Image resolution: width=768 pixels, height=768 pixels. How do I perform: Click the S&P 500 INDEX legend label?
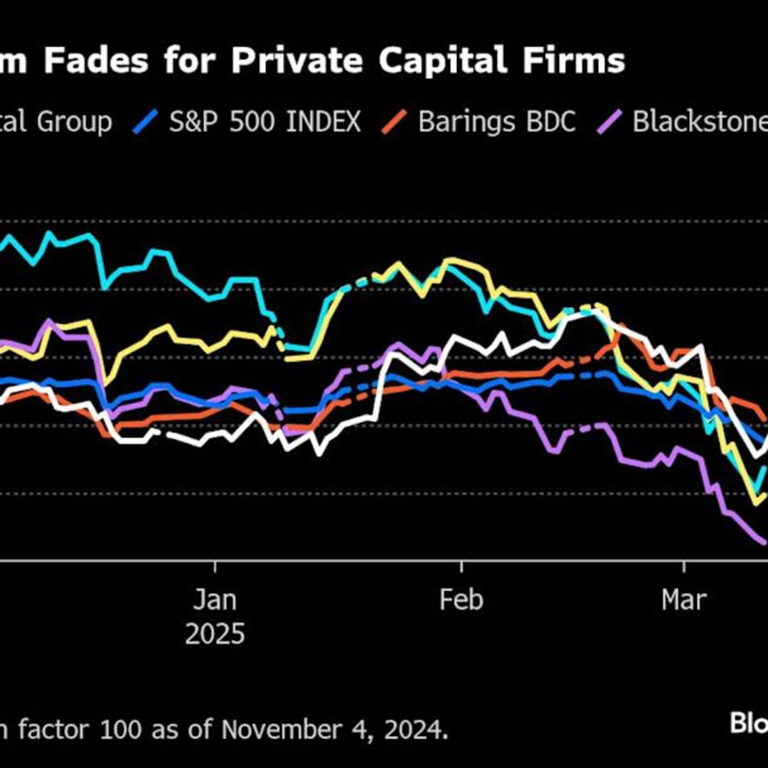click(x=265, y=122)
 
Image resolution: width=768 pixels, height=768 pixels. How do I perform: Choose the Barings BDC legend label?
click(x=496, y=122)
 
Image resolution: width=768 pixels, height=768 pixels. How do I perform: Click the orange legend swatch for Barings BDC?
click(x=393, y=122)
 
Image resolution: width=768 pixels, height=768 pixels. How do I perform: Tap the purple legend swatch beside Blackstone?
click(x=612, y=122)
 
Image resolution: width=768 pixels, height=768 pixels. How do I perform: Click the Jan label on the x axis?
click(x=215, y=600)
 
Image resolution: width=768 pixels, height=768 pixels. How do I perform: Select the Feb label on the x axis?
click(x=462, y=600)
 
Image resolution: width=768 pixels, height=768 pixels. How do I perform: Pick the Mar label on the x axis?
click(x=684, y=600)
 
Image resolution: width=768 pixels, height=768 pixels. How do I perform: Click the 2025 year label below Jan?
click(x=215, y=634)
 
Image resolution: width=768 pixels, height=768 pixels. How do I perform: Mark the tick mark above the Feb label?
click(x=462, y=566)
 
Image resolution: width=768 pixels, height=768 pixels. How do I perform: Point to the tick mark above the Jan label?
click(x=215, y=566)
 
